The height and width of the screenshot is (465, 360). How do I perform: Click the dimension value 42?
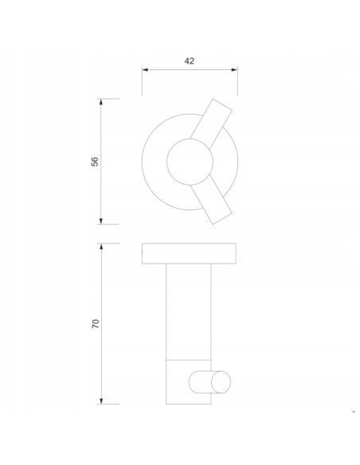(x=190, y=61)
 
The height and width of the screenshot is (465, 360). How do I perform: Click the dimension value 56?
(x=95, y=162)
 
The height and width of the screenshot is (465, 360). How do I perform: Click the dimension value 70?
(x=96, y=323)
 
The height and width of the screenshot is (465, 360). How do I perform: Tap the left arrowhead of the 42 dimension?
(x=145, y=70)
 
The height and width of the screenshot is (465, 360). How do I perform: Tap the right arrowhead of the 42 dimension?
(x=234, y=70)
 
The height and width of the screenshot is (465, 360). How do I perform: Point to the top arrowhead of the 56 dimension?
(x=101, y=102)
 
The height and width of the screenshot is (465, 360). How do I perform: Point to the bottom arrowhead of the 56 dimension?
(x=101, y=221)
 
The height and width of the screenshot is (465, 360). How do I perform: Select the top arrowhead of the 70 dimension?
(x=101, y=247)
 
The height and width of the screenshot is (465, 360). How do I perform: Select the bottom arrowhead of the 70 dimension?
(x=101, y=401)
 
